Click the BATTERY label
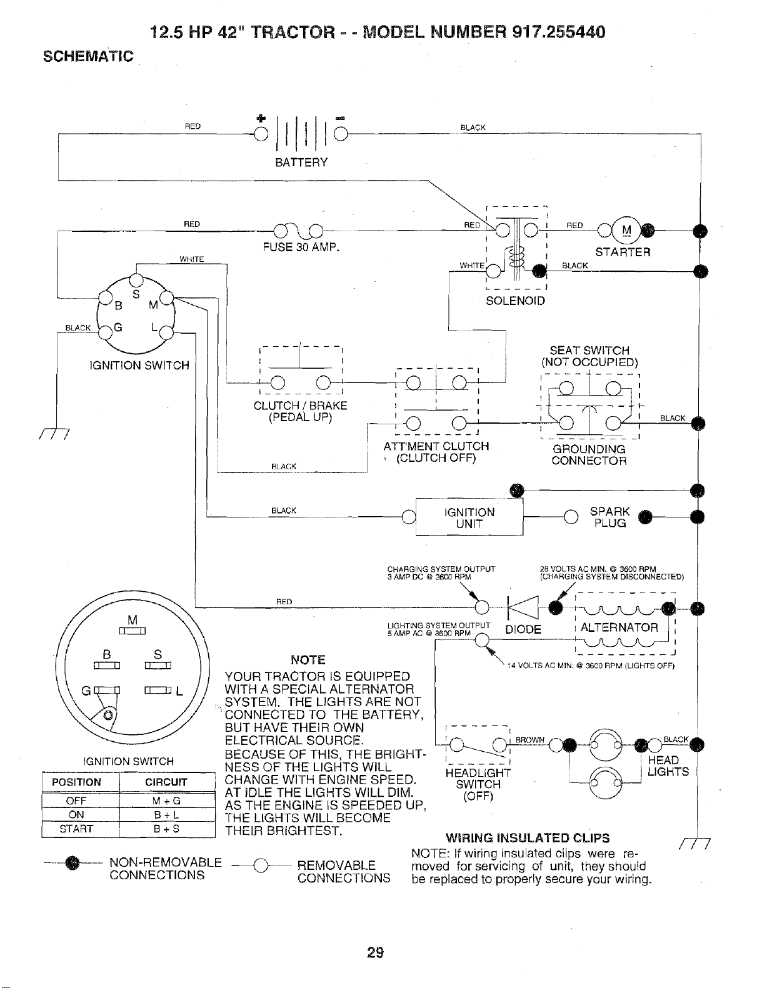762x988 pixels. coord(301,162)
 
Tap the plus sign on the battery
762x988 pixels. coord(261,118)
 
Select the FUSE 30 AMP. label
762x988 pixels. coord(301,247)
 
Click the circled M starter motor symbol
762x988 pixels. coord(626,231)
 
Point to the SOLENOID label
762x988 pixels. coord(515,301)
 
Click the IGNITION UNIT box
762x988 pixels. coord(469,517)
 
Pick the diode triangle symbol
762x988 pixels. coord(523,607)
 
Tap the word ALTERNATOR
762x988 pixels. coord(619,627)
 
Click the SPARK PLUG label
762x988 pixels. coord(610,517)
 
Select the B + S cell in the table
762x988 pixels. coord(166,829)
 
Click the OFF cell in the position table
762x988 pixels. coord(76,801)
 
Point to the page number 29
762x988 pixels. coord(376,952)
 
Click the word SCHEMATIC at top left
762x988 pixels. coord(88,56)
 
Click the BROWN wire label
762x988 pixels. coord(529,740)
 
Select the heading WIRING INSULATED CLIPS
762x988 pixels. coord(528,837)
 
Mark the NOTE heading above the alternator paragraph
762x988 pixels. coord(308,659)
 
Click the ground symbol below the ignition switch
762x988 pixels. coord(55,434)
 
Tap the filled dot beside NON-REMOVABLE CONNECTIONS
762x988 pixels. coord(72,862)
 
